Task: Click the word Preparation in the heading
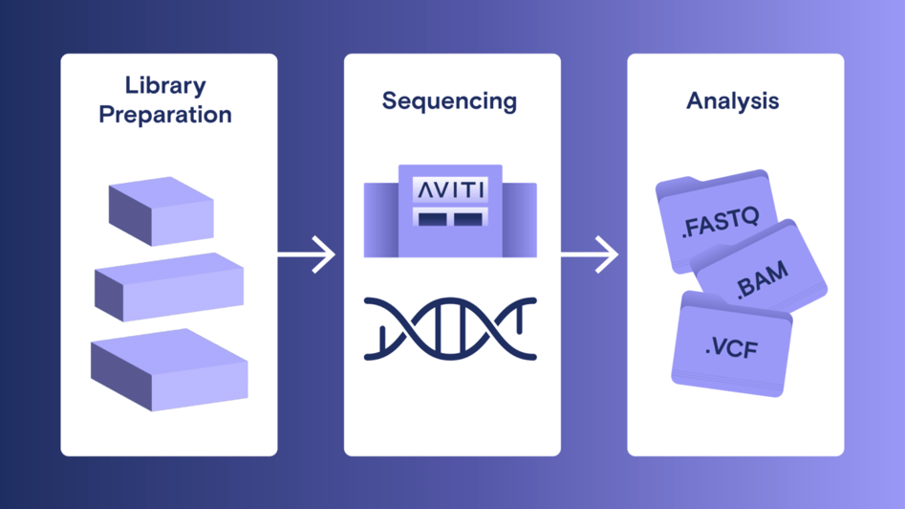coord(166,115)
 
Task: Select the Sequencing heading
coord(449,100)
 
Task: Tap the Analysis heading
coord(732,100)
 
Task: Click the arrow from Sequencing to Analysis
coord(589,254)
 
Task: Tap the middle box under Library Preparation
coord(168,287)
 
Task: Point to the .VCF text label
coord(731,348)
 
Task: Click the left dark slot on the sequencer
coord(432,220)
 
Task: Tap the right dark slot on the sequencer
coord(467,220)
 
